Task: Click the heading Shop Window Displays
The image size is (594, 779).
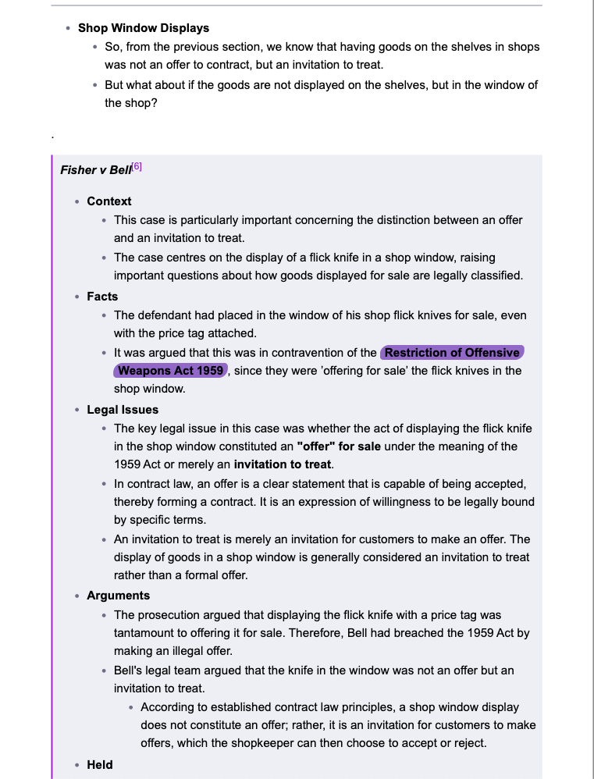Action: pos(144,28)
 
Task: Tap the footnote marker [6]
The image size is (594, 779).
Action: pos(137,166)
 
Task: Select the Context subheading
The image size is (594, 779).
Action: pos(109,201)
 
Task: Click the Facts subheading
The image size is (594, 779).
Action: pos(102,297)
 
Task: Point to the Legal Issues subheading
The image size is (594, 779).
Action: pos(123,410)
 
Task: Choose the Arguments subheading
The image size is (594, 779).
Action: pos(118,596)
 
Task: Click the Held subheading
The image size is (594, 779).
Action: pos(100,765)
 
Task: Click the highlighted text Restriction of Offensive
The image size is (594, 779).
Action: pos(452,353)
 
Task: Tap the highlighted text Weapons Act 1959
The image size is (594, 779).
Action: pos(171,371)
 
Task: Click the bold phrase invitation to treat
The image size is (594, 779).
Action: pos(283,464)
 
